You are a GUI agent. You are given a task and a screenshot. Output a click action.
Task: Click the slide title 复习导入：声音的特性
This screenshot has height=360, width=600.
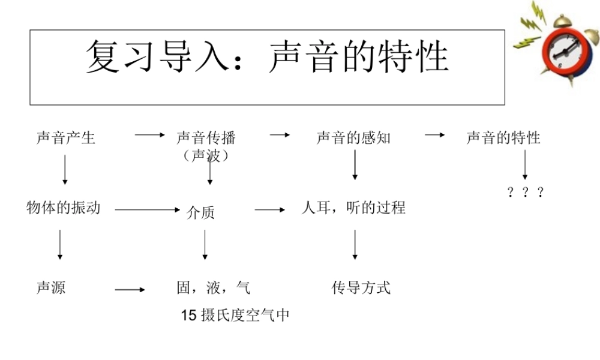(x=267, y=58)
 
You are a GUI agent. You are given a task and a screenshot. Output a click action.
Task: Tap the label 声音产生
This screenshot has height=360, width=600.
(x=66, y=138)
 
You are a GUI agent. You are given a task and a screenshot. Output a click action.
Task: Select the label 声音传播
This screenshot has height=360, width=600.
(x=206, y=138)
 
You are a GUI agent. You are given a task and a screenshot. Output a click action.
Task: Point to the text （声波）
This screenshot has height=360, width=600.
(x=206, y=155)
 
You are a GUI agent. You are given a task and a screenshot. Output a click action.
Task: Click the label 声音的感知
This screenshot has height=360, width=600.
(x=353, y=138)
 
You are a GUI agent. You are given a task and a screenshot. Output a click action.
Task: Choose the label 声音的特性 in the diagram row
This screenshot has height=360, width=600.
(x=503, y=138)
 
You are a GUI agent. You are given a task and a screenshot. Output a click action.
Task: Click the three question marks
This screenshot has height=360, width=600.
(x=526, y=192)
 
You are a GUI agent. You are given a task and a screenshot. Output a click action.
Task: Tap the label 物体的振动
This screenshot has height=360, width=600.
(x=64, y=208)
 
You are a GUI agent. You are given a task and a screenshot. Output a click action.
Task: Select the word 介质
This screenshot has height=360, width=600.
(x=200, y=212)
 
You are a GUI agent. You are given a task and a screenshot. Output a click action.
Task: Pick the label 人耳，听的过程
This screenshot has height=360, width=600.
(x=353, y=208)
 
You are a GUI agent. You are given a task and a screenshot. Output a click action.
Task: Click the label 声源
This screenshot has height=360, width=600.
(x=51, y=288)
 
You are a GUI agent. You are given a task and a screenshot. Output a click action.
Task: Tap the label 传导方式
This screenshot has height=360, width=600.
(x=361, y=288)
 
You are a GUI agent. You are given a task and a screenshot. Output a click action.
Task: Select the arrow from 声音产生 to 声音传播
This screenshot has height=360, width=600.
(x=149, y=136)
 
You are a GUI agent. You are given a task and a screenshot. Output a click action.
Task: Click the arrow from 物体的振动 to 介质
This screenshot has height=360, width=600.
(x=148, y=210)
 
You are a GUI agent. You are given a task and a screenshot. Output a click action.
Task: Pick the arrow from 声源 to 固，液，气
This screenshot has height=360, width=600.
(x=130, y=290)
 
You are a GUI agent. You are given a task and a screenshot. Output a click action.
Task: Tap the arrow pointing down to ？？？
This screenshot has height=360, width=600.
(x=525, y=164)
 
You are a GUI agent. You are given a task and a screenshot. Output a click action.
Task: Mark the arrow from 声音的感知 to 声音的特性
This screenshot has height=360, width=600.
(x=435, y=136)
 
